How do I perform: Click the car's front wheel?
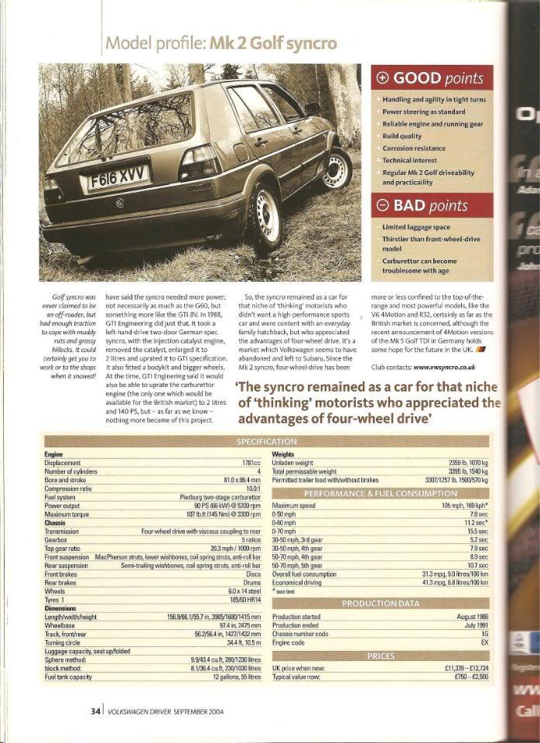[x=337, y=165]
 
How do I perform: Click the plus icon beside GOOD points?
[x=383, y=78]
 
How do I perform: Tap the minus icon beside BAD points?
[x=383, y=205]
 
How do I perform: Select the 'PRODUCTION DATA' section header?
[x=381, y=604]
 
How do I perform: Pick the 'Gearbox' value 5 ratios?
[x=249, y=539]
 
